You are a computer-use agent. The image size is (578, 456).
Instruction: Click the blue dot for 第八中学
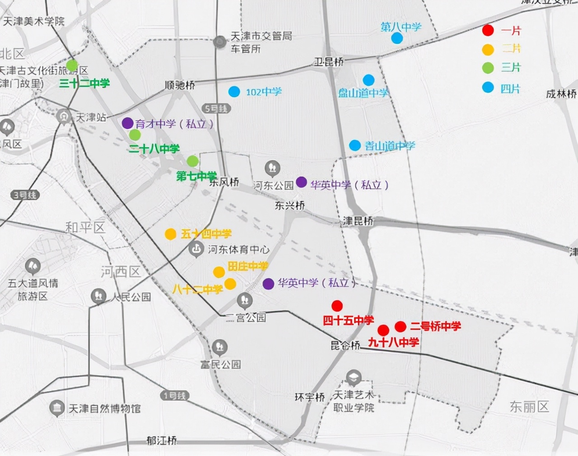[397, 38]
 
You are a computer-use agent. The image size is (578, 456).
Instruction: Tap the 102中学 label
[263, 92]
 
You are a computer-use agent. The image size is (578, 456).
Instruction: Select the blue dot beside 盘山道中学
[368, 80]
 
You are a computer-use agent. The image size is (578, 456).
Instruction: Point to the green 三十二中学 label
[84, 84]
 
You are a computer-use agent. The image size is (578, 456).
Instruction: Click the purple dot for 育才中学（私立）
[127, 123]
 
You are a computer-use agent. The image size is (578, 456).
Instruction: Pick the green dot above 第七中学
[193, 161]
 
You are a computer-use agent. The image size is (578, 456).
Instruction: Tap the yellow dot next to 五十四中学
[170, 234]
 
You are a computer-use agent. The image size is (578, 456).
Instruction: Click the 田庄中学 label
[247, 266]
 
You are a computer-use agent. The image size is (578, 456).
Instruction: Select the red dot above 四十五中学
[337, 306]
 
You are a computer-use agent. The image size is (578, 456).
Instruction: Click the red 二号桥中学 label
[435, 326]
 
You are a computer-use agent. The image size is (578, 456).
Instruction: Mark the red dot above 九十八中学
[383, 330]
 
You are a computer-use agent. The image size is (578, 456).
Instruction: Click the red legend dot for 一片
[488, 30]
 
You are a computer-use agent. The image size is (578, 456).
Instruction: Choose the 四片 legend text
[510, 88]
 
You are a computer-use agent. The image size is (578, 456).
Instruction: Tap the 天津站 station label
[90, 117]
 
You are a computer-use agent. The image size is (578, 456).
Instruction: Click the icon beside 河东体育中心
[196, 249]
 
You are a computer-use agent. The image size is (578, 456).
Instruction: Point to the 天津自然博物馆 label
[104, 409]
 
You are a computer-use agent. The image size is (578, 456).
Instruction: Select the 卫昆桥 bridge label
[329, 62]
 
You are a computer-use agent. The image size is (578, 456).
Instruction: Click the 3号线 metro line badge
[26, 195]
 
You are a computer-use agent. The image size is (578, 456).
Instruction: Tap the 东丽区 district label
[529, 407]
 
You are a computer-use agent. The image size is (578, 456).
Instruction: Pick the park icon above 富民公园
[220, 347]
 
